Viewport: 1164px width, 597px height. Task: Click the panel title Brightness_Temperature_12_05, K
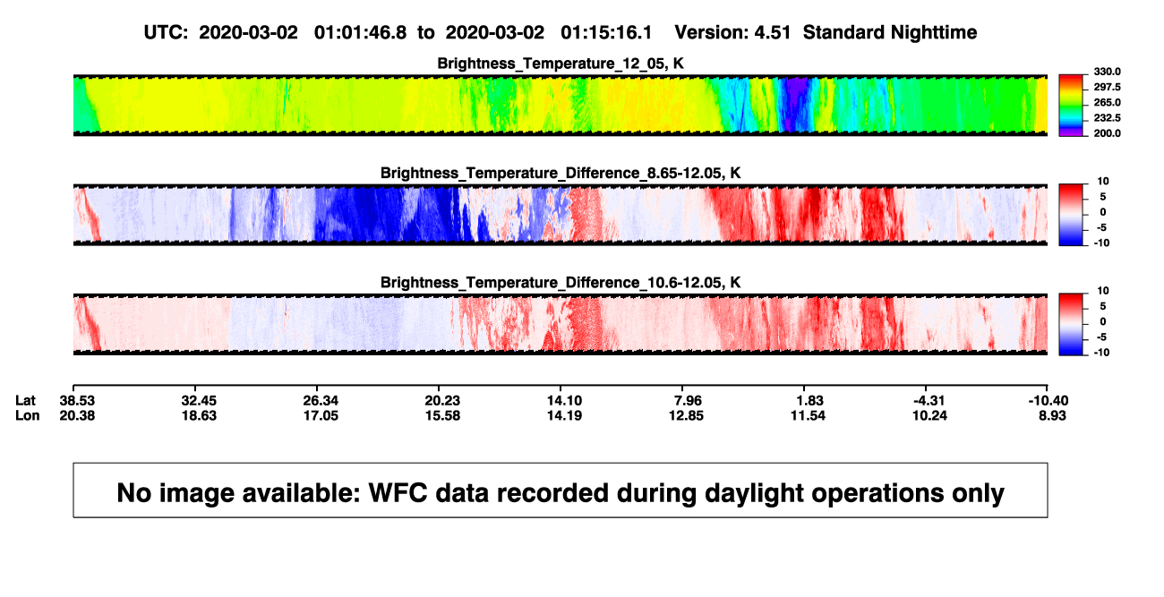561,64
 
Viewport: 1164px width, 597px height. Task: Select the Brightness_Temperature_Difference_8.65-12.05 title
561,173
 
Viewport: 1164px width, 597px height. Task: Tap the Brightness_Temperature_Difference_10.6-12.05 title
561,283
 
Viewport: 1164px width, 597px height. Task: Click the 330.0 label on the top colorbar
1107,72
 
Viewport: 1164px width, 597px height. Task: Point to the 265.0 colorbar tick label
1107,102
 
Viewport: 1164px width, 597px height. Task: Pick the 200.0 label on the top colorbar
1107,133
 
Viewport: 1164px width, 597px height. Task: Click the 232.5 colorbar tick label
1107,118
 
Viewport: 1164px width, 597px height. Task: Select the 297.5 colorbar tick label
1107,87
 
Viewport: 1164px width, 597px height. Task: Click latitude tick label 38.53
77,401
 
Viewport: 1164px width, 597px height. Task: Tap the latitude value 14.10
564,401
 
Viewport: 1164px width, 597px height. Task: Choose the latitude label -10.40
1048,401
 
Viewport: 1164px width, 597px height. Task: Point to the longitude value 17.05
321,415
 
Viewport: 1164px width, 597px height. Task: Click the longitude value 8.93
1052,415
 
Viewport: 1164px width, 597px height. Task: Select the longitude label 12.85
686,415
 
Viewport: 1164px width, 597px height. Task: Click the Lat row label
25,401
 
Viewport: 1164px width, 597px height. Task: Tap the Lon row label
27,415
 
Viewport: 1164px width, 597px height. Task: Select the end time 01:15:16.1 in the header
606,33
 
